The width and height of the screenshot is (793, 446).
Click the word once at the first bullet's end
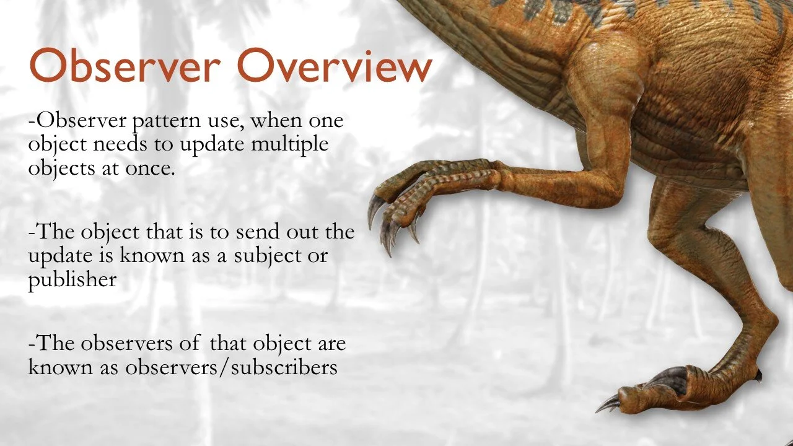click(x=149, y=168)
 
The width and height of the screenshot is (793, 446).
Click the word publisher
click(x=72, y=280)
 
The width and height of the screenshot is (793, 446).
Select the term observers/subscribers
click(x=231, y=367)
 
